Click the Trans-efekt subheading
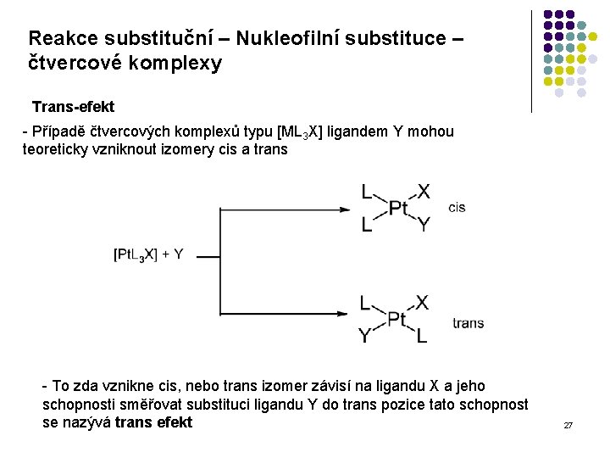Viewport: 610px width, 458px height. click(x=73, y=107)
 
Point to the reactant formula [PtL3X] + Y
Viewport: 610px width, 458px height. click(x=147, y=254)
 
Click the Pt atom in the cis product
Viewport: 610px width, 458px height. click(x=398, y=208)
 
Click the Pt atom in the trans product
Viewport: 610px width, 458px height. click(x=398, y=319)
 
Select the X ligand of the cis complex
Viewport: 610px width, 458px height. click(x=424, y=192)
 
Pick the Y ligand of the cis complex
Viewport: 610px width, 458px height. click(x=424, y=225)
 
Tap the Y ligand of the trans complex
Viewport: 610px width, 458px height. click(x=365, y=337)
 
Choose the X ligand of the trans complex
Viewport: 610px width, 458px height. click(x=422, y=303)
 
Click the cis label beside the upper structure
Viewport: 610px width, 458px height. click(x=457, y=208)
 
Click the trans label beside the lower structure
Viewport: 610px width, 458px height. click(x=469, y=323)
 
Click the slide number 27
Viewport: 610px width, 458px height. click(x=568, y=424)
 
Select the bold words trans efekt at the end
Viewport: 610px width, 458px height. click(x=153, y=422)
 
